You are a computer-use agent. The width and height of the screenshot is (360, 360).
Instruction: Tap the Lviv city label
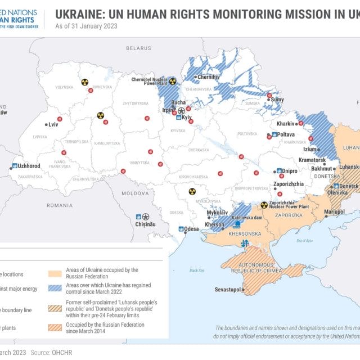coord(54,124)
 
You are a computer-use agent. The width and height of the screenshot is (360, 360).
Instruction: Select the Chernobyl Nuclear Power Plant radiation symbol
coord(173,81)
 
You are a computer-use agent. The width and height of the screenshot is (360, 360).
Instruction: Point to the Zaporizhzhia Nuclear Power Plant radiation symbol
coord(264,205)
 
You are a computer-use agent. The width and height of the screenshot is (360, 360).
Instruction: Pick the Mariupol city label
coord(334,211)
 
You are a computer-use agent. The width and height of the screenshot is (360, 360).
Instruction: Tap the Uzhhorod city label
coord(29,166)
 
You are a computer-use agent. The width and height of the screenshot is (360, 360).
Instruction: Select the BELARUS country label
coord(139,49)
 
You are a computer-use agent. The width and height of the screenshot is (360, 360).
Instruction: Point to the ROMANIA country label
coord(60,206)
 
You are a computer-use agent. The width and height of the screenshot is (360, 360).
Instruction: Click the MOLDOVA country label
coord(135,193)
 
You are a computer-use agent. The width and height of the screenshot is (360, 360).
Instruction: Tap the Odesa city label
coord(191,229)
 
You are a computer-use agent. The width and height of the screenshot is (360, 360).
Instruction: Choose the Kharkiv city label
coord(286,124)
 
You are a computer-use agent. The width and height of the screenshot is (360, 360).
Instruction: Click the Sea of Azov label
coord(304,240)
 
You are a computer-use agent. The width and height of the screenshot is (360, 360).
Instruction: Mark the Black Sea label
coord(197,271)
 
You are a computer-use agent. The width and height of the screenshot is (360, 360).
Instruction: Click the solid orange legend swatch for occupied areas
coord(54,273)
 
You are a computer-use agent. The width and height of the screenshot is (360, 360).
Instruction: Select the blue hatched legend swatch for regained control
coord(54,289)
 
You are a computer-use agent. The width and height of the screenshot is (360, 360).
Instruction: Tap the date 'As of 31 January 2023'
coord(86,26)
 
